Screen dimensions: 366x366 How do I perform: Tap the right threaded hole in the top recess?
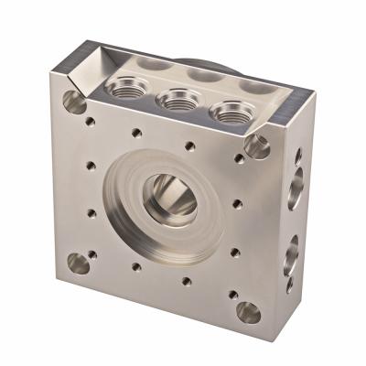(x=229, y=112)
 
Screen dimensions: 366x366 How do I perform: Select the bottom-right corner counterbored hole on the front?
(x=248, y=313)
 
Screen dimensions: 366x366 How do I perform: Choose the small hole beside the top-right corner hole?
(x=239, y=158)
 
